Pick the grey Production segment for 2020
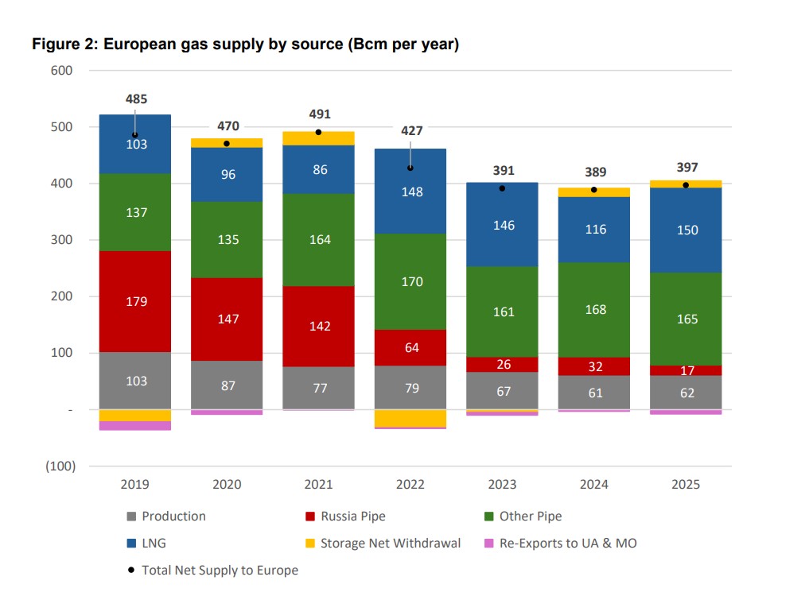228,385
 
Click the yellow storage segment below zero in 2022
411,418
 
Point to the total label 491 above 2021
320,114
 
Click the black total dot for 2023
503,188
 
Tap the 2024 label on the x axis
594,484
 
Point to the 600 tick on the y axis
63,71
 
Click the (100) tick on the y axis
61,466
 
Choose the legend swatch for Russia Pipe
310,517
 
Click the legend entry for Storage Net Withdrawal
390,544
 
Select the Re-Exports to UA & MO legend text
568,544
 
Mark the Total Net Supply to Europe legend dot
131,571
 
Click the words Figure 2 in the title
63,45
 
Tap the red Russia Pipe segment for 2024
594,366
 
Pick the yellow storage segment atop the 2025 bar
686,184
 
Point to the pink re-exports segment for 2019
135,426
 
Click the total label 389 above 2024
594,172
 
